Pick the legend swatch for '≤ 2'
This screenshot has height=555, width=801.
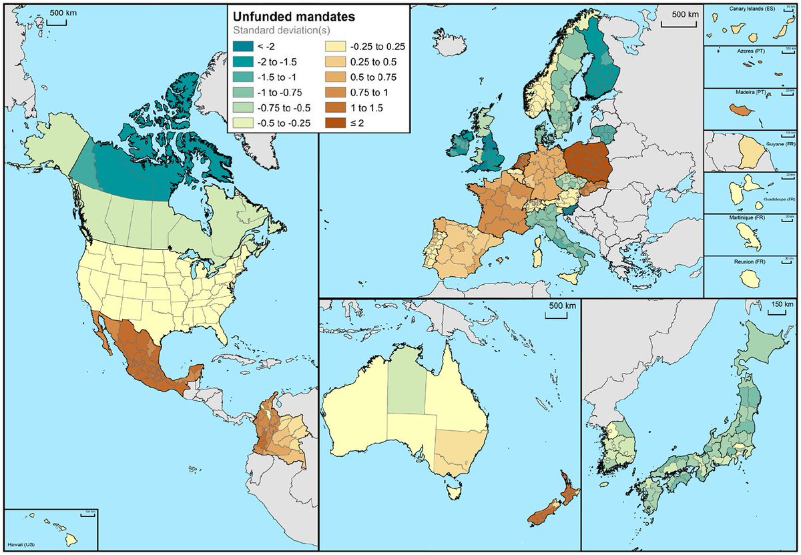[x=333, y=122]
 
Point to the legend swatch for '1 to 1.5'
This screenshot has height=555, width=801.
[x=333, y=107]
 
